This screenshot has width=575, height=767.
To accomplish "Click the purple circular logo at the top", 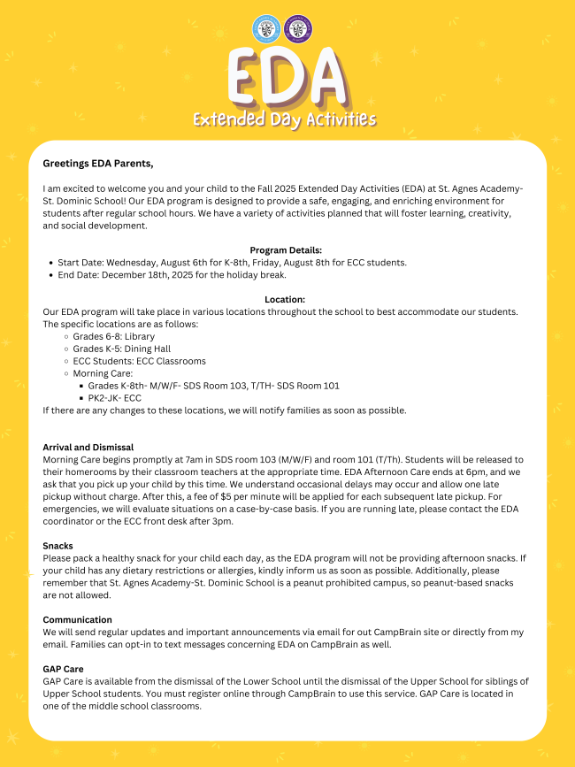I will tap(299, 28).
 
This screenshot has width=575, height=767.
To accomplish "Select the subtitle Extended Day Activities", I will tap(285, 119).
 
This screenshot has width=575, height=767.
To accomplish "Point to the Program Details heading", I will tap(286, 250).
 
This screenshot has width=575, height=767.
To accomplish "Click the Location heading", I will tap(285, 300).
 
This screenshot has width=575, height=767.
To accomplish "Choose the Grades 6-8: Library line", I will tap(113, 337).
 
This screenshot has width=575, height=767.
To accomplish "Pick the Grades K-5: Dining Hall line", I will tap(121, 349).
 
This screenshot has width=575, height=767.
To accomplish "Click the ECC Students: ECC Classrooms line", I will tap(139, 362).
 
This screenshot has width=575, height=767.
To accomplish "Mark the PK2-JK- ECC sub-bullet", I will tap(114, 398).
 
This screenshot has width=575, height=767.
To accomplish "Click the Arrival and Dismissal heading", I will tap(88, 448).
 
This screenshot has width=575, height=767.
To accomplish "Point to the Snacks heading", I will tap(58, 546).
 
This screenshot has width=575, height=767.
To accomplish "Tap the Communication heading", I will tap(78, 620).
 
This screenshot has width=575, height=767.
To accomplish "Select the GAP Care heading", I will tap(65, 670).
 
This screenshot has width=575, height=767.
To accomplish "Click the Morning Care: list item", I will tap(103, 374).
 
